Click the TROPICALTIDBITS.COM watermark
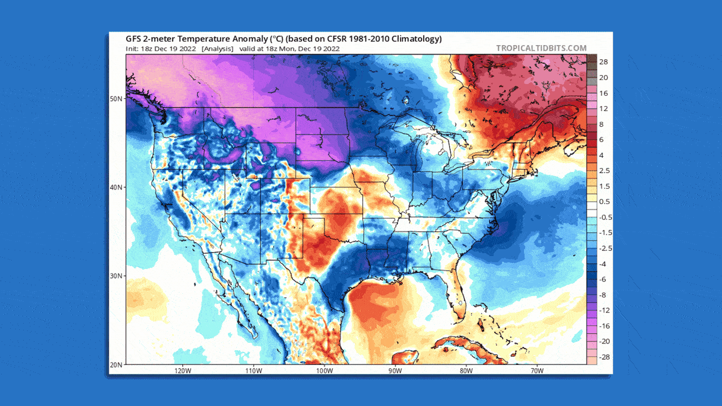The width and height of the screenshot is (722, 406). [x=541, y=48]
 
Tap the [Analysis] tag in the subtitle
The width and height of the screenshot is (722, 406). [x=218, y=48]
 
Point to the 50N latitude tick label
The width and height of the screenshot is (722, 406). [x=116, y=99]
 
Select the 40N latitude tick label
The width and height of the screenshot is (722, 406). [x=116, y=187]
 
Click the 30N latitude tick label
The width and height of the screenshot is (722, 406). [x=116, y=276]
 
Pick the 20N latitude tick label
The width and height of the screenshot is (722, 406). [x=116, y=364]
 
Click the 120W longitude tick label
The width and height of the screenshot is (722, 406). [x=182, y=370]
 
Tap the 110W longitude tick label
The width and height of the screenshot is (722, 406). [x=253, y=370]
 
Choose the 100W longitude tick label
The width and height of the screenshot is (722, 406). [x=324, y=370]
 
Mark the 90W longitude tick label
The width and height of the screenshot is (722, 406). [x=395, y=370]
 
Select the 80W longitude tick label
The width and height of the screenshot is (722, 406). [x=466, y=370]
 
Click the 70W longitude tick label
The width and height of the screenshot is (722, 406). [x=537, y=370]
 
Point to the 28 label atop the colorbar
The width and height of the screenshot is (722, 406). [x=603, y=61]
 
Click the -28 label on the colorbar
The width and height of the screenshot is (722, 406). [x=602, y=357]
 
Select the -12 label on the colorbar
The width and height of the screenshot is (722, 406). [x=602, y=310]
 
